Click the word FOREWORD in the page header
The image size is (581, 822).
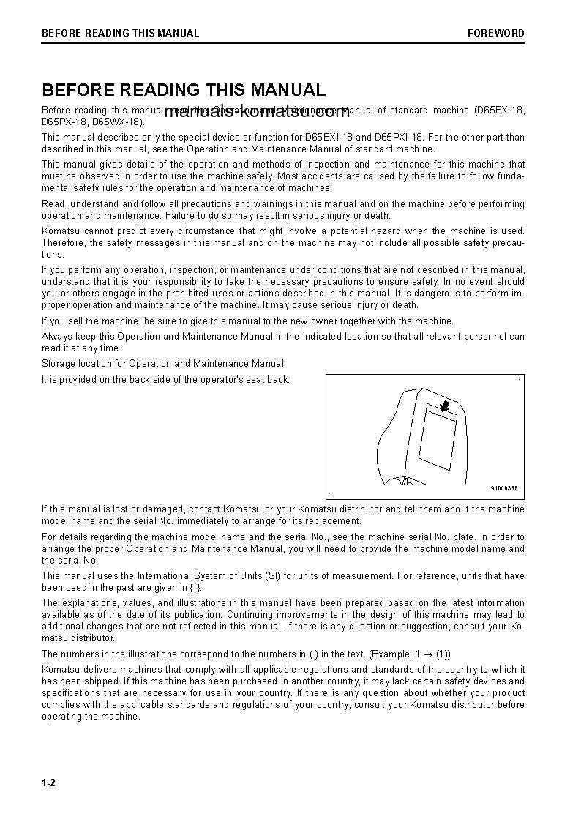point(496,33)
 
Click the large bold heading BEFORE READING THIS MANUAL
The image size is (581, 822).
point(184,90)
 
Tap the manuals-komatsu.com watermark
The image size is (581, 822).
point(257,113)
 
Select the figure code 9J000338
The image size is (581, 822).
point(503,489)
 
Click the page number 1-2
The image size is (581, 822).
point(48,782)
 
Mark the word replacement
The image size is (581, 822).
point(335,521)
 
